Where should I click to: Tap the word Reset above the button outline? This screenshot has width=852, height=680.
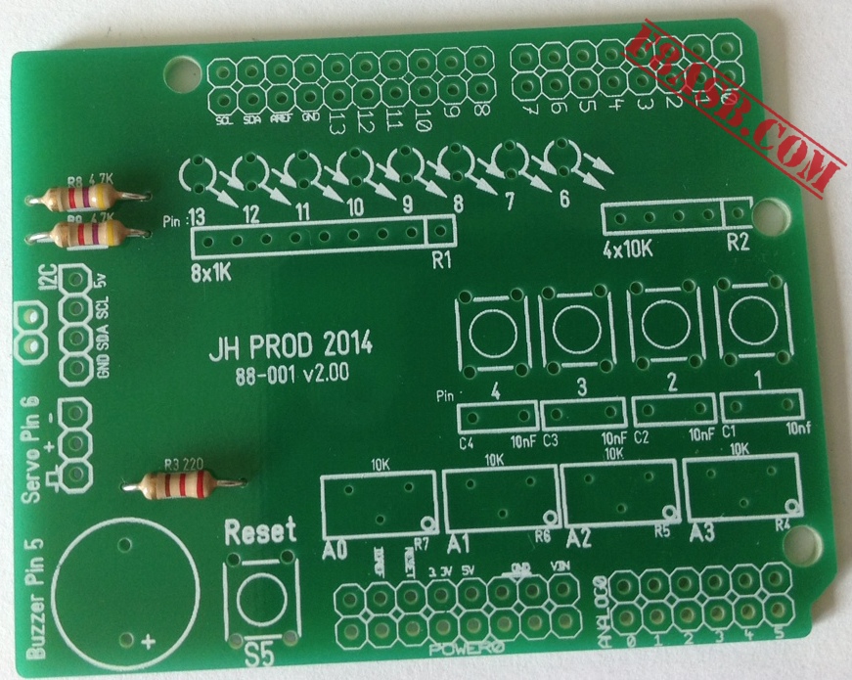(260, 533)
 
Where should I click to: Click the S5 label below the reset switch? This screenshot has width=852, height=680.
(259, 654)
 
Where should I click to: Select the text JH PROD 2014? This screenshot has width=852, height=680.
(291, 348)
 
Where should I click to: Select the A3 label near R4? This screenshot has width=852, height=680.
(702, 533)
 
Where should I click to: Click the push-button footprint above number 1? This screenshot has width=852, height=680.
(752, 325)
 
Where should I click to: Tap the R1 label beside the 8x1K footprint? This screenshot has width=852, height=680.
(441, 261)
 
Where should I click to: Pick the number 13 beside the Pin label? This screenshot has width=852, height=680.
(197, 216)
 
